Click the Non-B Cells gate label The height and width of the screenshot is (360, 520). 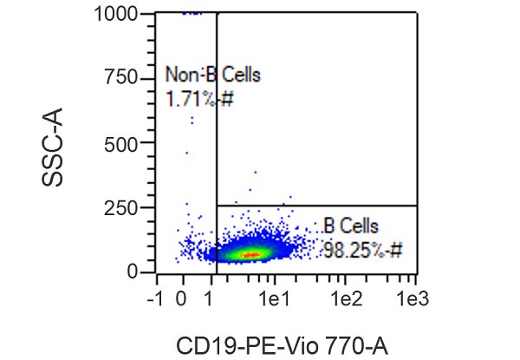(x=212, y=75)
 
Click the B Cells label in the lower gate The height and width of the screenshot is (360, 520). (x=350, y=226)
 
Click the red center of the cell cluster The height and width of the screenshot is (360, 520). (x=250, y=255)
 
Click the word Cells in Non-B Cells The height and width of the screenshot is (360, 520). (x=240, y=75)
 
